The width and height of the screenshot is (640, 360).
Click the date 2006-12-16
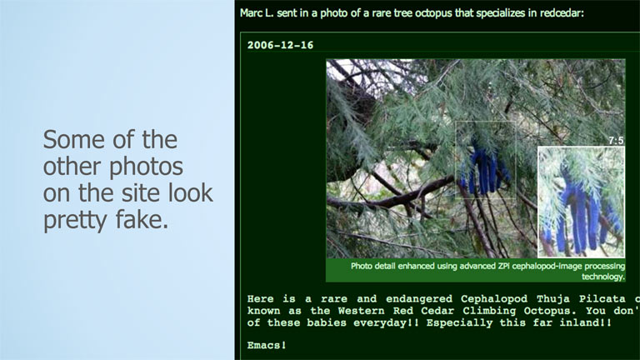pos(280,45)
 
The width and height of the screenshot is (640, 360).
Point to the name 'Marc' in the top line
pos(249,13)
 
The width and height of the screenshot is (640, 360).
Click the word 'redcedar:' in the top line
pos(562,13)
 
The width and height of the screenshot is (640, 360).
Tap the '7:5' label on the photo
pos(617,141)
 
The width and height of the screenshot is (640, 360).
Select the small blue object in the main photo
pos(484,167)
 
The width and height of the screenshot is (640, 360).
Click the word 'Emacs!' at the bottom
pos(267,345)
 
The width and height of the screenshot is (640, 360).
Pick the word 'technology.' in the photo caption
pos(603,277)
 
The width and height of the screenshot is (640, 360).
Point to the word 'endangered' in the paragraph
pos(419,299)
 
